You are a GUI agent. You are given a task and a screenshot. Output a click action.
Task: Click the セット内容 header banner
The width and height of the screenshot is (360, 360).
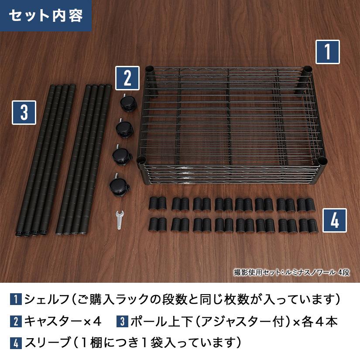45,16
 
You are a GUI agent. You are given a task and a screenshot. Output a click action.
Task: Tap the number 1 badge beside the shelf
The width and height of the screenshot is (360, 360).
327,52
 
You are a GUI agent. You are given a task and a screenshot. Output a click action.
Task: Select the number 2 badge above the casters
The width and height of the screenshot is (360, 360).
127,78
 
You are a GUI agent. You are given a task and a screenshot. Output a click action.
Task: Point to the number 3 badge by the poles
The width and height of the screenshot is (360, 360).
24,113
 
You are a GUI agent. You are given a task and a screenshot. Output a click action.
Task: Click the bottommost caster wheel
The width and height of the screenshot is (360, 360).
118,185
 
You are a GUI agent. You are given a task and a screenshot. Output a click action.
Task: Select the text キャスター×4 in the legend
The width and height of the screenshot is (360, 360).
63,322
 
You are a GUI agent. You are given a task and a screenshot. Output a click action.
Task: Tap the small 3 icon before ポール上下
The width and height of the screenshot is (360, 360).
122,322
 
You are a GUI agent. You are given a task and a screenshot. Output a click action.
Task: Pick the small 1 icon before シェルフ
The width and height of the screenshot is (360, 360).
15,300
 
